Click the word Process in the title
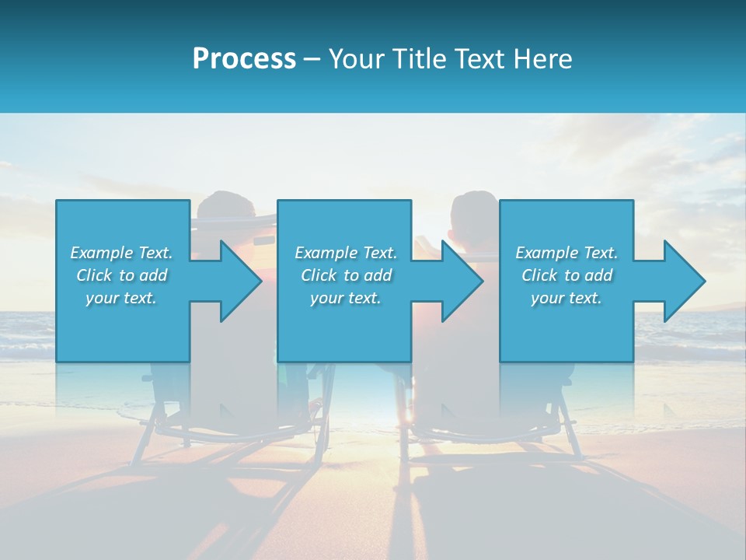click(x=244, y=59)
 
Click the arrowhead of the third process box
click(x=682, y=281)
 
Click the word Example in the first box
click(x=102, y=253)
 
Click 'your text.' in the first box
click(x=121, y=298)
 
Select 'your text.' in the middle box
click(x=346, y=298)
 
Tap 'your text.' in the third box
click(x=566, y=298)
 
